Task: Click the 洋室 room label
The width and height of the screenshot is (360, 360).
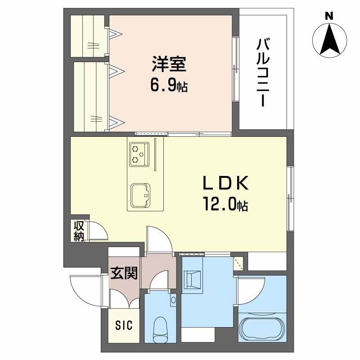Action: click(169, 64)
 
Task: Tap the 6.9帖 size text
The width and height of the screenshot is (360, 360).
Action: click(169, 85)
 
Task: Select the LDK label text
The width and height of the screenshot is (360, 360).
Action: click(226, 183)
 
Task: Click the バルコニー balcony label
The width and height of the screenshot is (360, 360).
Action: click(263, 73)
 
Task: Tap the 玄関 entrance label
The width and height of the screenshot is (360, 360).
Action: click(124, 273)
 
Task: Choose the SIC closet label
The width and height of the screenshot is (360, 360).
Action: click(124, 325)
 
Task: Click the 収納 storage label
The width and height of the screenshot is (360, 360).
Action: click(79, 231)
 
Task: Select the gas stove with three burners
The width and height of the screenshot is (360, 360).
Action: click(139, 154)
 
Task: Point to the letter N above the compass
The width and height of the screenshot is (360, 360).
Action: click(329, 16)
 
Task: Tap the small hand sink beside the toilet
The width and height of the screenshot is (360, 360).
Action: click(174, 300)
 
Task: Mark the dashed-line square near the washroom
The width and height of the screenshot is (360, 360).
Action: click(238, 263)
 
